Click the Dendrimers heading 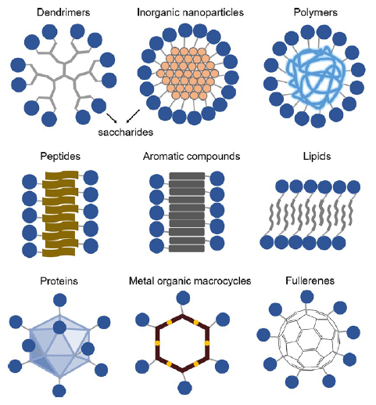point(63,13)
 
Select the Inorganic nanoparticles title point(190,13)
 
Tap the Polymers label point(316,13)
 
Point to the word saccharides point(125,132)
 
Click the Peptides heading point(60,156)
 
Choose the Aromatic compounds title point(192,156)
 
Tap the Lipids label point(317,156)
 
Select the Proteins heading point(59,281)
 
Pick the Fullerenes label point(310,280)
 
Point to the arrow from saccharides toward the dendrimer point(112,118)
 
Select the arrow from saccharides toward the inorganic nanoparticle point(133,116)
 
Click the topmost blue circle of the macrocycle point(183,298)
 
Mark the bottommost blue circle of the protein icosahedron point(59,391)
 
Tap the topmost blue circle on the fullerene point(307,297)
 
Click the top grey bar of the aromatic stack point(187,175)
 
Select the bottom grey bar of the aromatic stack point(187,248)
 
